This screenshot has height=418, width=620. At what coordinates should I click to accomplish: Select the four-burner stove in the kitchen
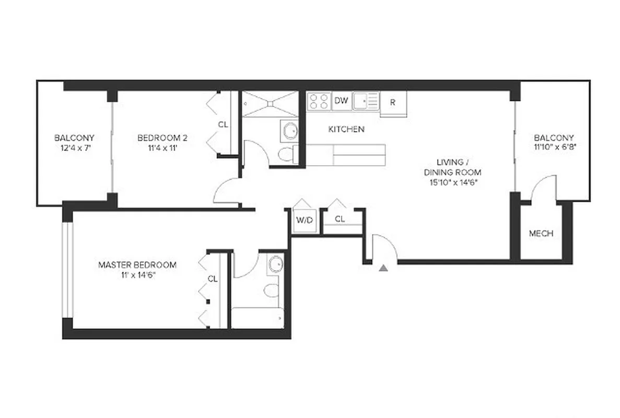click(319, 101)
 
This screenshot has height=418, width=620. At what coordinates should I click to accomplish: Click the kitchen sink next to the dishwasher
click(365, 100)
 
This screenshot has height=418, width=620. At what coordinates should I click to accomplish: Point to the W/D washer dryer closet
click(304, 220)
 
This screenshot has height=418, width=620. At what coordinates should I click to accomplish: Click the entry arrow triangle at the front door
click(384, 268)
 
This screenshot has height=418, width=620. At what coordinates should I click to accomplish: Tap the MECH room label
click(541, 234)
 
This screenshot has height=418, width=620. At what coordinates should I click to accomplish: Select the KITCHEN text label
click(346, 129)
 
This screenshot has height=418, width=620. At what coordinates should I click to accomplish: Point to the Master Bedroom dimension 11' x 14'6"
click(137, 274)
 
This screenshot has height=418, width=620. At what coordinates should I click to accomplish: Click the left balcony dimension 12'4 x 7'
click(74, 147)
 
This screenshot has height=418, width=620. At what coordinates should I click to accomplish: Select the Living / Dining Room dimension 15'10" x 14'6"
click(452, 182)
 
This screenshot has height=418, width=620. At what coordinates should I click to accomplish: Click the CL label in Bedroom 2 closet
click(223, 124)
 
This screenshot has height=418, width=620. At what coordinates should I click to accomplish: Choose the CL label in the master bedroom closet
click(213, 278)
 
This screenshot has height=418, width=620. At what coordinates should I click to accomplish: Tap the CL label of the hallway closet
click(340, 219)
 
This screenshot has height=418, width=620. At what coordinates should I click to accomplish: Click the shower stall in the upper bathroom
click(270, 104)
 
